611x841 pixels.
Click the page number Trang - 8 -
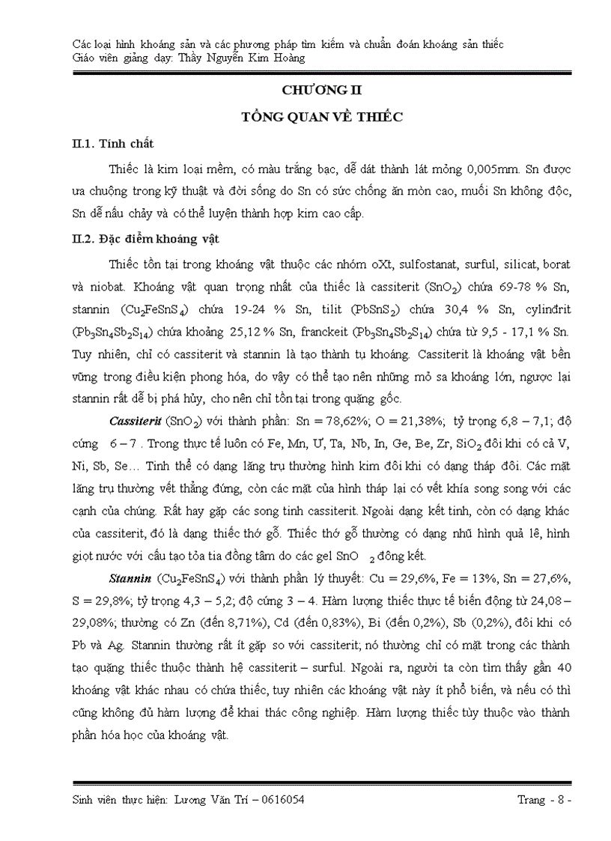point(544,801)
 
